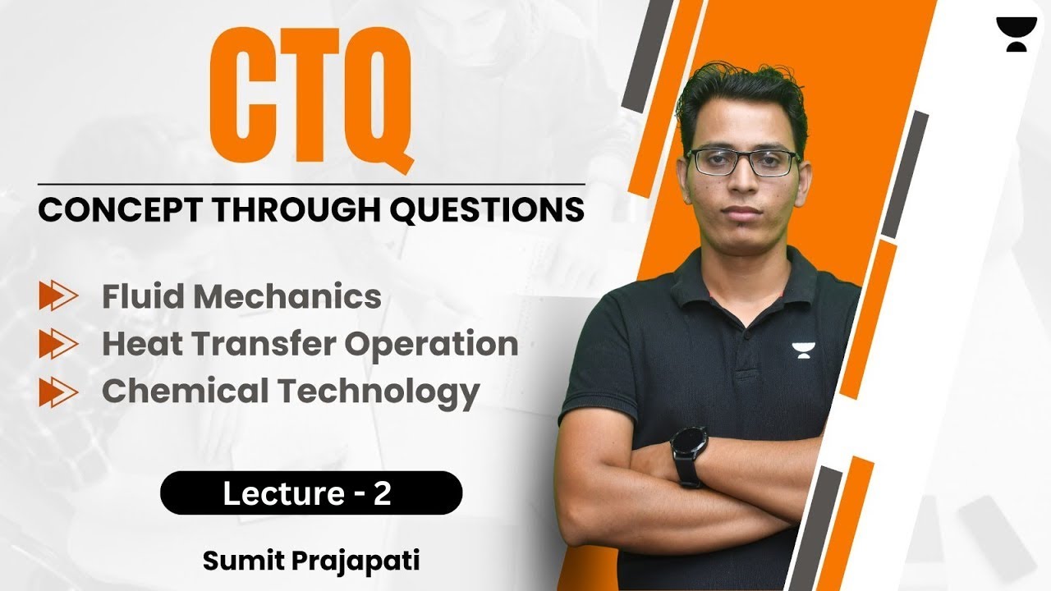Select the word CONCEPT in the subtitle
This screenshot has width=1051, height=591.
115,209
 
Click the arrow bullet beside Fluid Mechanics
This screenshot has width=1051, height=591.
58,296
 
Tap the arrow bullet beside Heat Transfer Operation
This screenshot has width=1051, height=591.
58,344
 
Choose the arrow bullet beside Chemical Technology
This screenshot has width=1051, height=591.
58,392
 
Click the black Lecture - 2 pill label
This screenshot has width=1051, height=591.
311,493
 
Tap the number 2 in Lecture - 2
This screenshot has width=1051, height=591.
383,493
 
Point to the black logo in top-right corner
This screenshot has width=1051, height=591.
1016,34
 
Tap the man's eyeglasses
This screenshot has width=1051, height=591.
742,162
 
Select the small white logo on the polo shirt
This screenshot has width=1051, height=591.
801,350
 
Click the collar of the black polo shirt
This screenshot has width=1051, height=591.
739,263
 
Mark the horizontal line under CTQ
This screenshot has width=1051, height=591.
311,184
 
